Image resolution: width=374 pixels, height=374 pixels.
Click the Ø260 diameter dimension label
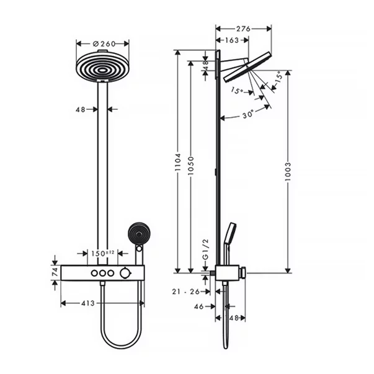[x=103, y=44]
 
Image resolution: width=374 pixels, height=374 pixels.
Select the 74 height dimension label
[x=54, y=272]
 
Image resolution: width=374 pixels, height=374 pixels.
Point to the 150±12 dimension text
[x=103, y=253]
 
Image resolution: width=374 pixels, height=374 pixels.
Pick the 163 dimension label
[x=231, y=40]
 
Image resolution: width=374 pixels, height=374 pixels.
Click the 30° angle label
[x=247, y=114]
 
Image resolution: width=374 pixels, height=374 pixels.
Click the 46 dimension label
[x=200, y=306]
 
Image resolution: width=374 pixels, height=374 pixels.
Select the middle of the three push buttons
[x=102, y=273]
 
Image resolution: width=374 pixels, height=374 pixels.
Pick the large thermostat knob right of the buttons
[x=127, y=273]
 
